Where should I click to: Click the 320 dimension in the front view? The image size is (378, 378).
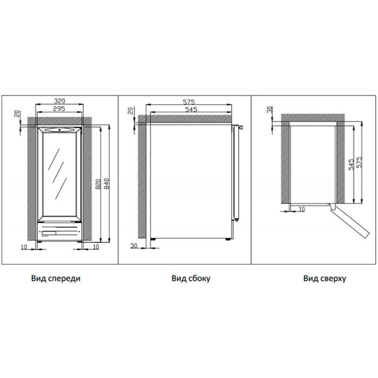tap(60, 101)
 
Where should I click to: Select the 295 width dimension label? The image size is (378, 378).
tap(60, 109)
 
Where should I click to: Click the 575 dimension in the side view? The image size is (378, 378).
tap(189, 102)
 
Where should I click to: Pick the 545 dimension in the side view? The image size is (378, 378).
tap(189, 110)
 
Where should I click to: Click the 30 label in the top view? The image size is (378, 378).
tap(270, 110)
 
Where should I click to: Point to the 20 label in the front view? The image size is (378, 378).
tap(17, 113)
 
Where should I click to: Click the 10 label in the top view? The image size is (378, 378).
tap(301, 209)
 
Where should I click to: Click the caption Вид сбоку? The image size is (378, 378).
tap(191, 279)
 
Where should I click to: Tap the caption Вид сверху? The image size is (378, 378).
tap(325, 279)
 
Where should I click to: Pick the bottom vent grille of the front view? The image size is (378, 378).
tap(60, 232)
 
